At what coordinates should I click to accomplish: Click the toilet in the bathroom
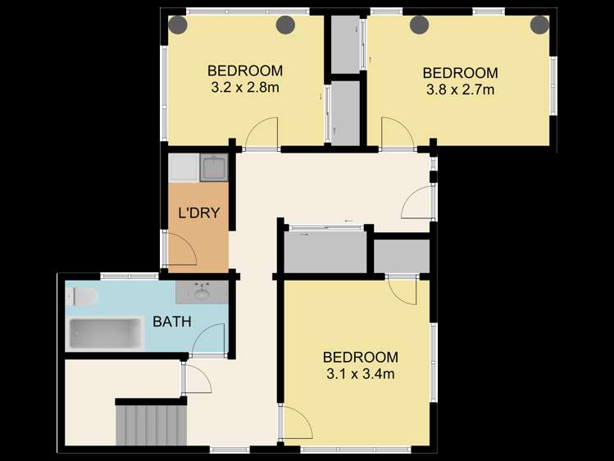(81, 296)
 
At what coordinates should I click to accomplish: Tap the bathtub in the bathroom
(105, 334)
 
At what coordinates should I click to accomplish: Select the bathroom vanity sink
(202, 292)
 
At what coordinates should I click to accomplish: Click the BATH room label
(172, 322)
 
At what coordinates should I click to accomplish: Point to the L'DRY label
(199, 213)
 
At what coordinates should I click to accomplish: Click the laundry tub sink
(214, 167)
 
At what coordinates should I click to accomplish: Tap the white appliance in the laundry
(184, 167)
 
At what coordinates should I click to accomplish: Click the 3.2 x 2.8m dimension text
(245, 87)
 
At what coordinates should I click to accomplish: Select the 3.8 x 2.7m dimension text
(460, 89)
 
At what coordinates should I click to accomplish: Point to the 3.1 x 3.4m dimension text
(360, 374)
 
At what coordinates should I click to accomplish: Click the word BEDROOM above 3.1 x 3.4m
(360, 357)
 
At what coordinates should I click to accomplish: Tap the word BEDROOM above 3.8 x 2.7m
(460, 73)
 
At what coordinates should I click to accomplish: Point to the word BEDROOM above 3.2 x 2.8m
(245, 71)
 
